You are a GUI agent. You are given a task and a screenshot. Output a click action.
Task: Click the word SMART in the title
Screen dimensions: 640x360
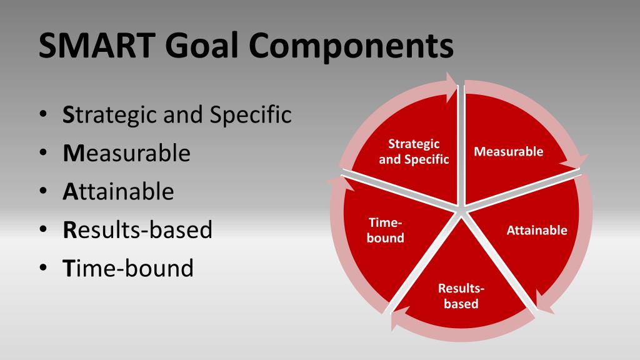(x=97, y=45)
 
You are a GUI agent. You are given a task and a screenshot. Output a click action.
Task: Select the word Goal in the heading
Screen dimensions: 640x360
(x=202, y=45)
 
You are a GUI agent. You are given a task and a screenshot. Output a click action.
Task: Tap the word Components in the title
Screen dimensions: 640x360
(x=351, y=46)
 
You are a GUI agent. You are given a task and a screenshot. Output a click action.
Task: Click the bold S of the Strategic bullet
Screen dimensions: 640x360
(x=67, y=115)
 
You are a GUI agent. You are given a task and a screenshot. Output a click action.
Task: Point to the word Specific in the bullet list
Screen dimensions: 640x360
(x=251, y=114)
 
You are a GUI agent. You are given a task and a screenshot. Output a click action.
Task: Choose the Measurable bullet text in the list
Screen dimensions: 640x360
(x=126, y=153)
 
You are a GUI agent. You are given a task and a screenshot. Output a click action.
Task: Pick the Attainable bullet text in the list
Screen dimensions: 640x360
(x=118, y=191)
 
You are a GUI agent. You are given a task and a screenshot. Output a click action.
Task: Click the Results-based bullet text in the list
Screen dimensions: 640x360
(x=137, y=230)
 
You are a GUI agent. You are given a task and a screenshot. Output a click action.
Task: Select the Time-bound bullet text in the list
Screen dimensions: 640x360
(x=128, y=268)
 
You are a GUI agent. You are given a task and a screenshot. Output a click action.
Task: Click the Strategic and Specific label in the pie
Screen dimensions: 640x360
(x=414, y=151)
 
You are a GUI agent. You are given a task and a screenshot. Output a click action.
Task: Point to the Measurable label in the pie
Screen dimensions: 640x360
(x=509, y=151)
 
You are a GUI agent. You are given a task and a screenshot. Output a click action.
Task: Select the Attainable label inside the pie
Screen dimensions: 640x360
(x=537, y=230)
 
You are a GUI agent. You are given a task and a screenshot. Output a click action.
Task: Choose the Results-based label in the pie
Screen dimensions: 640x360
(x=461, y=296)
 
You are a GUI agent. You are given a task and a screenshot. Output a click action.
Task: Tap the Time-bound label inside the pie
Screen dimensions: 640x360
(x=385, y=230)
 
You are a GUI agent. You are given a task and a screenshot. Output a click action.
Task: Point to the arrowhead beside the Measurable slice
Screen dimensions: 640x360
(x=576, y=162)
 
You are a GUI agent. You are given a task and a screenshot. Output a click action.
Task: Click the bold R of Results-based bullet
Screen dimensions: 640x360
(x=69, y=230)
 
